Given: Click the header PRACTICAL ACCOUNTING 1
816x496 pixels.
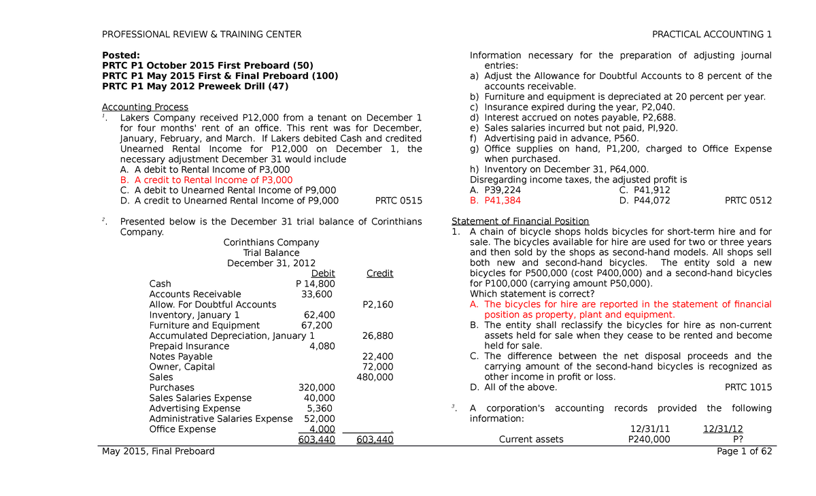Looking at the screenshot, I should (x=712, y=35).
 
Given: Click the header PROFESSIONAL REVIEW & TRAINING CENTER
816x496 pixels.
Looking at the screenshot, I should (x=201, y=35).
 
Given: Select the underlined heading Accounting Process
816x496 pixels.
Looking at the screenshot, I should (x=145, y=107).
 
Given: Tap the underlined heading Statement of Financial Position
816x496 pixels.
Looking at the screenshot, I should (x=520, y=221).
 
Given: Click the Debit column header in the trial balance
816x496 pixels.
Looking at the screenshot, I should (x=323, y=274).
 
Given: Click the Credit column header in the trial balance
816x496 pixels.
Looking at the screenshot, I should (x=379, y=274).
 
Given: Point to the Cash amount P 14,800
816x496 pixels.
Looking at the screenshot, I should (x=316, y=284).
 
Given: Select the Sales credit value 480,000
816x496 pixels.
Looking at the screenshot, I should (x=375, y=377).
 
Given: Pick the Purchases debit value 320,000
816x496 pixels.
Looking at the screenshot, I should (x=317, y=388).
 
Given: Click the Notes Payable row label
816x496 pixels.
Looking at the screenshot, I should (x=181, y=357).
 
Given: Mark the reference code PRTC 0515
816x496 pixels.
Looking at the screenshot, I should (x=398, y=201).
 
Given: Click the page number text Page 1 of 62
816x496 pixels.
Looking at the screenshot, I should (x=744, y=451).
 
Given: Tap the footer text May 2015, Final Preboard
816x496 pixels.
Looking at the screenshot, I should (x=158, y=451).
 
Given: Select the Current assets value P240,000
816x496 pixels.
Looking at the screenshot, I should (x=648, y=440).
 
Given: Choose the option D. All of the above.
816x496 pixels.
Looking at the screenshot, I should (x=513, y=387).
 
